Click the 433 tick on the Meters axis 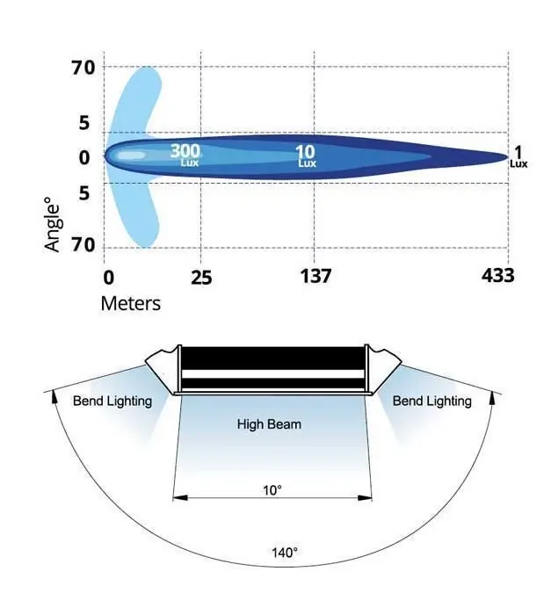pos(497,275)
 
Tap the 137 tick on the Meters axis pos(315,276)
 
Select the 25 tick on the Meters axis pos(201,278)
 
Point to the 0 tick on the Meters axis pos(108,278)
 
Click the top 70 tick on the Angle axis pos(83,68)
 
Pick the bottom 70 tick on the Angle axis pos(83,245)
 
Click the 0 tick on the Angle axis pos(84,157)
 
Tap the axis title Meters pos(131,304)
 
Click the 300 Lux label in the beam pos(185,156)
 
